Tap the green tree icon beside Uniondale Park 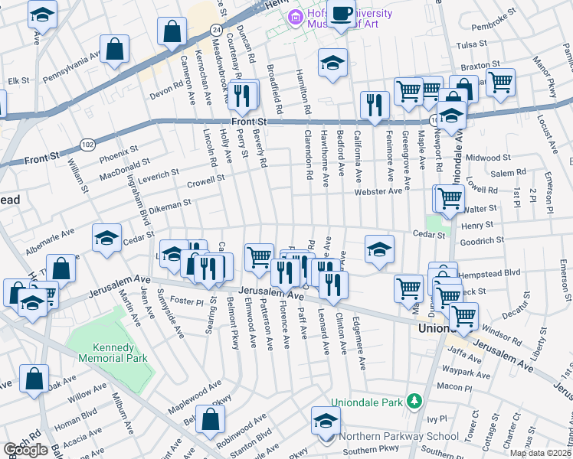(x=414, y=401)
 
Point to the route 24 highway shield (x=217, y=29)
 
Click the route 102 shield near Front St (x=88, y=143)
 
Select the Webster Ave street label (x=378, y=191)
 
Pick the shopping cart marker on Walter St (x=450, y=197)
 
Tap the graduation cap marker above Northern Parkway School (x=326, y=420)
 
